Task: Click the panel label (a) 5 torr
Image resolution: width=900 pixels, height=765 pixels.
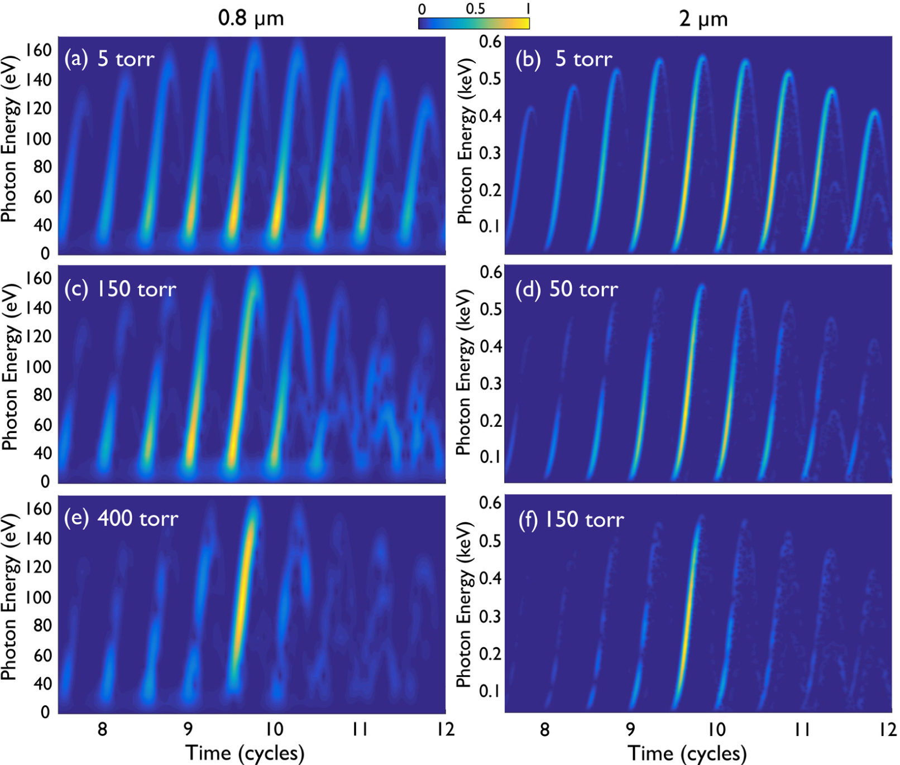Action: point(109,59)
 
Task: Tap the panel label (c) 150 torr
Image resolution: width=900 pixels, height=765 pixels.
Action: point(120,289)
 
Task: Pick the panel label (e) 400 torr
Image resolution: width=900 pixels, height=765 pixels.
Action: point(121,518)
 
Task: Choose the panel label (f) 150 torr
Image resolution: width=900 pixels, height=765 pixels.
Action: point(571,519)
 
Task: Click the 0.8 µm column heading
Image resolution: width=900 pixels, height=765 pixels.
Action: point(251,18)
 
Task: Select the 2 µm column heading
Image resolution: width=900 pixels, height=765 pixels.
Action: point(703,19)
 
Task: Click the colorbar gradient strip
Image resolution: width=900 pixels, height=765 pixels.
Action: point(473,23)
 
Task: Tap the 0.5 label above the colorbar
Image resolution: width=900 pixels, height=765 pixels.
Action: point(475,9)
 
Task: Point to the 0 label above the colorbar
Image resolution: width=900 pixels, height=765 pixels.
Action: point(422,9)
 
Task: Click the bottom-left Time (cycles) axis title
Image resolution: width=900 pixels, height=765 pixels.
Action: point(245,753)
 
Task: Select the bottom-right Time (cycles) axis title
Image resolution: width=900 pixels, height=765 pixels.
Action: point(687,753)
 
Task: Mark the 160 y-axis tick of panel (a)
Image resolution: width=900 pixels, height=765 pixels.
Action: point(39,50)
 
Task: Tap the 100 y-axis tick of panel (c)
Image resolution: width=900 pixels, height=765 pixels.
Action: point(39,367)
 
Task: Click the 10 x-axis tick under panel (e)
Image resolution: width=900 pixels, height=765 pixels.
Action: point(274,729)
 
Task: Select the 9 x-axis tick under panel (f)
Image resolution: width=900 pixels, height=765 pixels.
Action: point(630,729)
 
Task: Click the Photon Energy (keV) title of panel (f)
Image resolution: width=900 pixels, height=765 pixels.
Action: point(465,604)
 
